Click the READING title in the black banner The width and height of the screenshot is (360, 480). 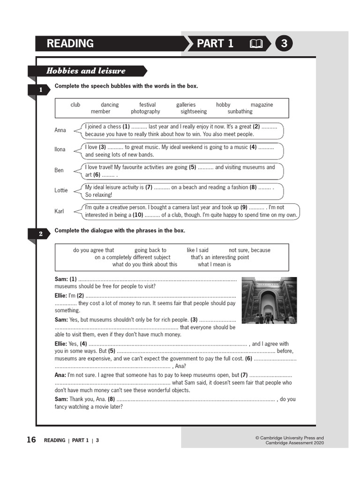[70, 44]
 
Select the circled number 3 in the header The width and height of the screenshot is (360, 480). [284, 44]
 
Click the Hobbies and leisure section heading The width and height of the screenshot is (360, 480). [86, 71]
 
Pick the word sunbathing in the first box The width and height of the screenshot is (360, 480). [240, 112]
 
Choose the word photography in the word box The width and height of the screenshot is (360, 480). [145, 112]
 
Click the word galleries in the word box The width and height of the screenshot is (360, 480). [186, 105]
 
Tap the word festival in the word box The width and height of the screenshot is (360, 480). [147, 105]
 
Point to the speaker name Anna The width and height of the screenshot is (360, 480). [60, 130]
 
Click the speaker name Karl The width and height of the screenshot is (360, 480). [59, 211]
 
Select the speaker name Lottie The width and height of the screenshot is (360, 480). [61, 190]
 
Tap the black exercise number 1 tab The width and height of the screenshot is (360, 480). [41, 90]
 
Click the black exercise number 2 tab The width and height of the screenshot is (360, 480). [41, 234]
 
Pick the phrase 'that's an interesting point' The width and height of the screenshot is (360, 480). [220, 257]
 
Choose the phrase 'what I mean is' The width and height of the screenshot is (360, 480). [214, 264]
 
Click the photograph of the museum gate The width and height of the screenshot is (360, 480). [269, 300]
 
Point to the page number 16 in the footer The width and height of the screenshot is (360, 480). [31, 440]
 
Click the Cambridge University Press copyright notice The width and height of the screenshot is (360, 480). [289, 440]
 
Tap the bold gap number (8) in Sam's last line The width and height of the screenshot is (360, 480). [111, 399]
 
